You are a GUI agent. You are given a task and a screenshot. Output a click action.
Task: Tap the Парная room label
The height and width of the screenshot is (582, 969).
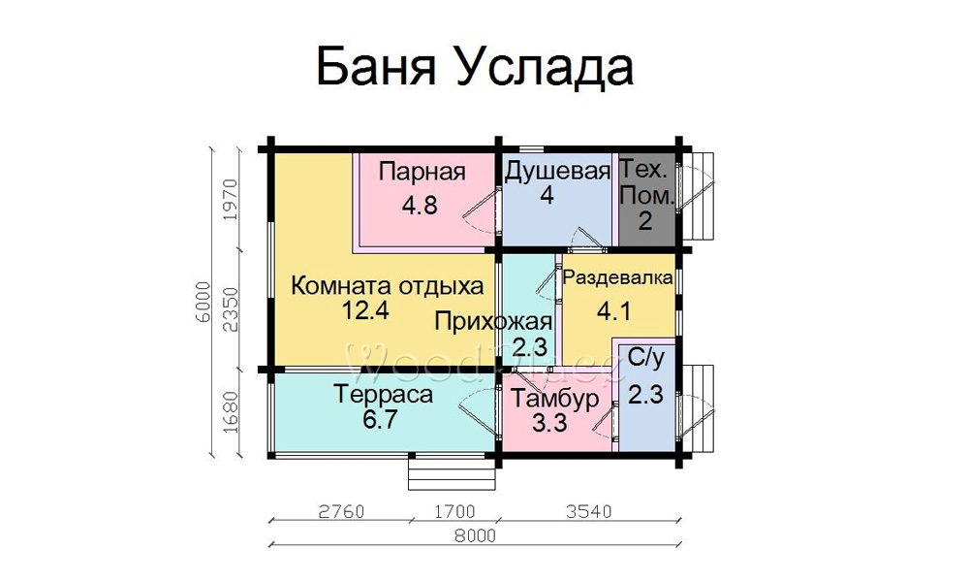(422, 172)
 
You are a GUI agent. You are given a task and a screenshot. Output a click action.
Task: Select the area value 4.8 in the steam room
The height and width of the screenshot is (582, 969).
(420, 205)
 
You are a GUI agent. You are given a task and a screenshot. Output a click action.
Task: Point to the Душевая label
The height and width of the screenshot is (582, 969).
(557, 172)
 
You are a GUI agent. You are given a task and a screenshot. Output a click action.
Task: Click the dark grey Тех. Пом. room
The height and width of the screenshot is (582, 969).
(646, 198)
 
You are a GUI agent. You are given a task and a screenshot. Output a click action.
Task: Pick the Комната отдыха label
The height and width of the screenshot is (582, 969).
(387, 286)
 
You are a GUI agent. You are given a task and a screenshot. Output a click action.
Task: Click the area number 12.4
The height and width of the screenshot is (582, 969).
(366, 309)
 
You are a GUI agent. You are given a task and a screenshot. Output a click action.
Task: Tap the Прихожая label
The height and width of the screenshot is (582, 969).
(492, 322)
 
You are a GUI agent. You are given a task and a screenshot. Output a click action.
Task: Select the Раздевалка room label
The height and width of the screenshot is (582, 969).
(617, 277)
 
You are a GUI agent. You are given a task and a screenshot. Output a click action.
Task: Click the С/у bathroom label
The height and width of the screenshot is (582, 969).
(645, 358)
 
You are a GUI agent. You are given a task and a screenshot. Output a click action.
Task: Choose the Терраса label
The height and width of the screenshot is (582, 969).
(383, 394)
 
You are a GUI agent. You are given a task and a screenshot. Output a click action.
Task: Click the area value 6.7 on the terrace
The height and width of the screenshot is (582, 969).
(380, 420)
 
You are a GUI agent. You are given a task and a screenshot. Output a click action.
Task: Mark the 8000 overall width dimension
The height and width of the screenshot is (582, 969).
(475, 535)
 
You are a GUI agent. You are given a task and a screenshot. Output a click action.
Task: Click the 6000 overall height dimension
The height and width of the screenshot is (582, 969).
(203, 303)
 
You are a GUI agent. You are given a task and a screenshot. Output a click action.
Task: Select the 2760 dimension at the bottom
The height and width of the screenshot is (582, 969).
(341, 512)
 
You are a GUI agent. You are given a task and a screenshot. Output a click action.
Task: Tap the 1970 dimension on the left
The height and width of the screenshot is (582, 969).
(230, 201)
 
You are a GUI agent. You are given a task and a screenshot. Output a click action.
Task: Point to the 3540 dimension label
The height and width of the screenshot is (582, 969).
(589, 512)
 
